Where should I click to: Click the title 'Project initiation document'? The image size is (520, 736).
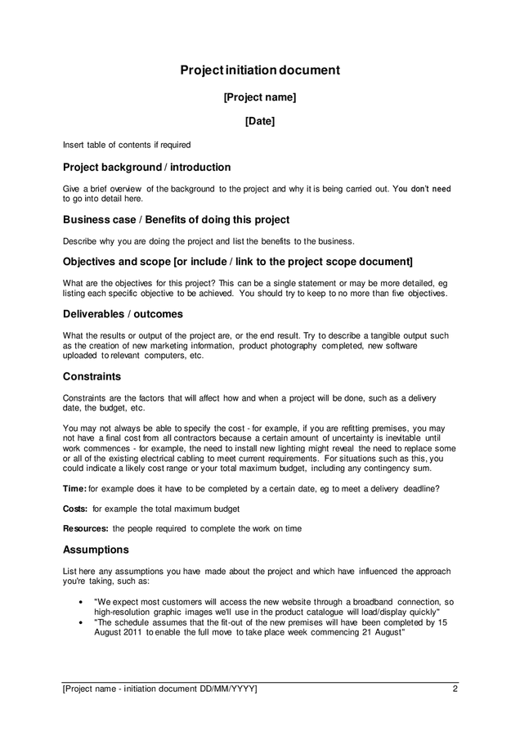click(260, 70)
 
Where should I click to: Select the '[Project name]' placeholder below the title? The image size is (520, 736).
click(260, 97)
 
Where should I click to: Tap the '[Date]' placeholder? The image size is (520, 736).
click(260, 122)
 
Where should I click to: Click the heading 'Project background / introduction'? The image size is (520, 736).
click(147, 168)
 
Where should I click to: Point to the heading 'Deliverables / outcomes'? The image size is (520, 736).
click(123, 314)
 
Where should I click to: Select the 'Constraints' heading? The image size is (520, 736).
click(92, 377)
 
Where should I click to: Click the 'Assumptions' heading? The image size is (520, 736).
click(96, 550)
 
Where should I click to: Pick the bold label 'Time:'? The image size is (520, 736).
click(74, 489)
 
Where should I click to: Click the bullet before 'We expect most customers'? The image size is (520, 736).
click(80, 602)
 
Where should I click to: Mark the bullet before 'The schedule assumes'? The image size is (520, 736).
click(80, 622)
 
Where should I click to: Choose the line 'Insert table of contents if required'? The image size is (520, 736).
click(127, 145)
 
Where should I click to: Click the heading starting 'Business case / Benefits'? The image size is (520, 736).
click(176, 220)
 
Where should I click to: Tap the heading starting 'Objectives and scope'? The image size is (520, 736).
click(238, 262)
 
